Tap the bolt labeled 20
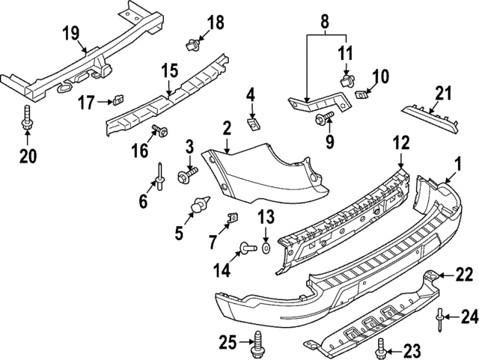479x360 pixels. coord(26,119)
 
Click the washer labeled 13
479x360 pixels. coord(266,246)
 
